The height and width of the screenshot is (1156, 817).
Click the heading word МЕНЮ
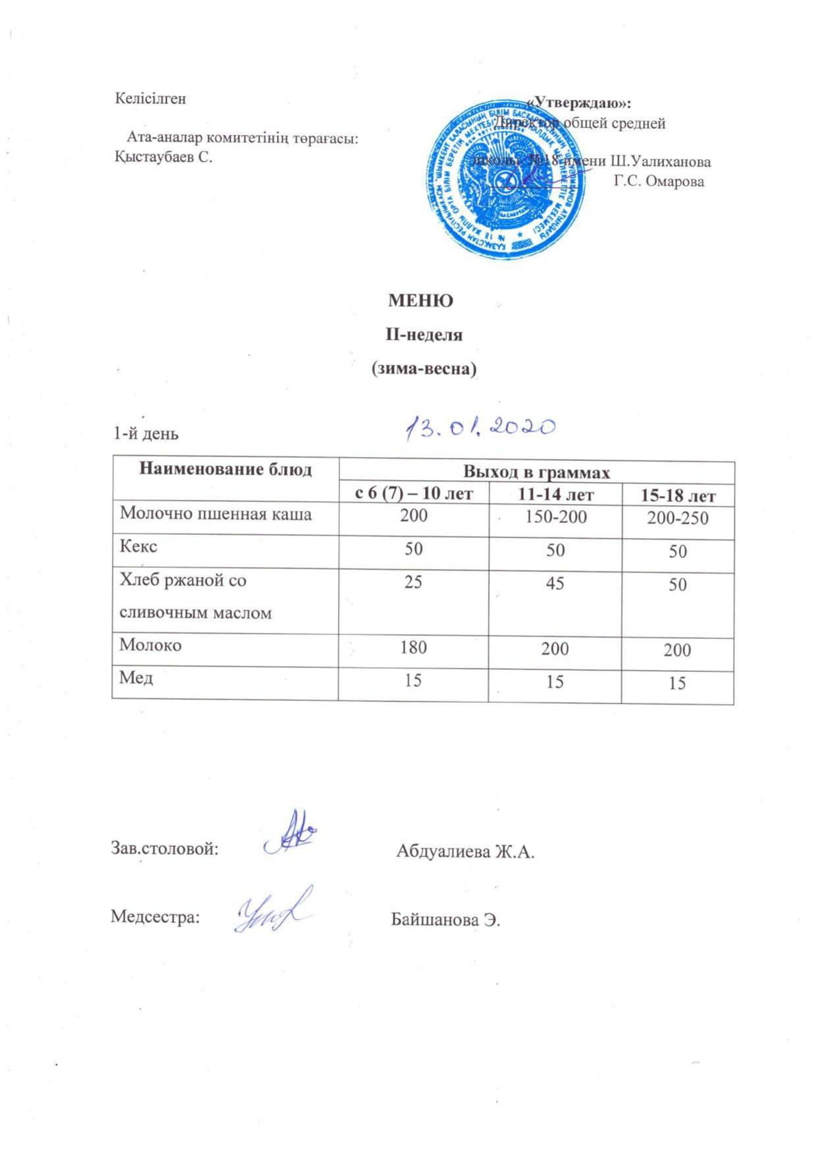tap(420, 301)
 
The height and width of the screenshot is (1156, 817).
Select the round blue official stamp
tap(505, 179)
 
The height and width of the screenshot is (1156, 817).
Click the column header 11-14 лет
tap(555, 494)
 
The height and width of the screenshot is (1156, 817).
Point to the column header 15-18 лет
tap(677, 495)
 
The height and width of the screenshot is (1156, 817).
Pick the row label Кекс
tap(138, 547)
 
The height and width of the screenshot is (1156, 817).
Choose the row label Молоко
tap(150, 646)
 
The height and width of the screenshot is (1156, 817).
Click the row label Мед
tap(136, 677)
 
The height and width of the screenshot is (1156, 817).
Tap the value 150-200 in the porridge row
tap(555, 516)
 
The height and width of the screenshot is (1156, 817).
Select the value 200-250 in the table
tap(677, 518)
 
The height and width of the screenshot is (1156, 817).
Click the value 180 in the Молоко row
tap(413, 647)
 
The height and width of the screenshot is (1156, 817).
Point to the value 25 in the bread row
tap(413, 582)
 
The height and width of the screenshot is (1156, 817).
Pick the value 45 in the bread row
tap(555, 583)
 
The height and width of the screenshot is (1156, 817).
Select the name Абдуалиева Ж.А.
tap(465, 852)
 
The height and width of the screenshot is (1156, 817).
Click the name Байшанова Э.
tap(446, 920)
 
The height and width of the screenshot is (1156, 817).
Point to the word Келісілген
tap(151, 99)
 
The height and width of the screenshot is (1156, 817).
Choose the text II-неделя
tap(424, 335)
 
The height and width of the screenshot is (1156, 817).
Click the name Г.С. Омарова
tap(659, 182)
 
